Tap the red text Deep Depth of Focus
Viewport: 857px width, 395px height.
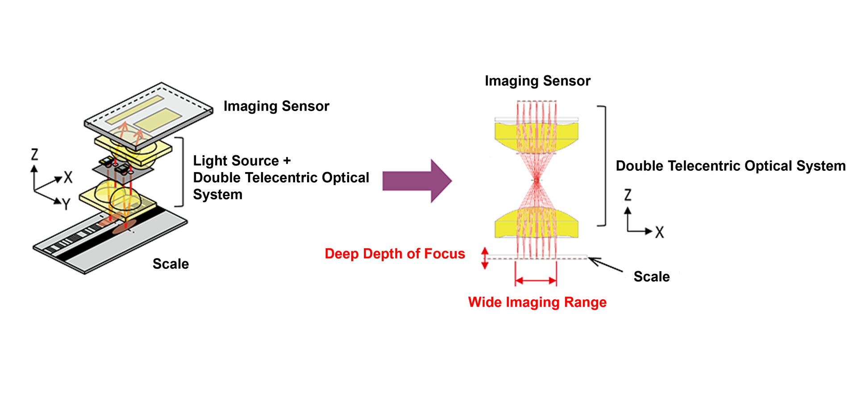pos(395,254)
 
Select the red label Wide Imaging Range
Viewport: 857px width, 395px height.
pos(537,302)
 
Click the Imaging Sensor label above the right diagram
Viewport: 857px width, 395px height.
pos(537,81)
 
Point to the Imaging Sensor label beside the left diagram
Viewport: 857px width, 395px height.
pos(276,106)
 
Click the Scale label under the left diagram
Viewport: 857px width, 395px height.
pos(171,264)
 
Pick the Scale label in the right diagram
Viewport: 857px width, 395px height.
pos(651,277)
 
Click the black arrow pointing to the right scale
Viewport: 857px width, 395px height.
pos(605,264)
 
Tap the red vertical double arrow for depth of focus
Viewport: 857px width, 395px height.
pos(485,258)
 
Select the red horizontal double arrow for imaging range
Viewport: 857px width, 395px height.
pos(536,280)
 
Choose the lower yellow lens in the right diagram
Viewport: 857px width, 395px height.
pos(537,223)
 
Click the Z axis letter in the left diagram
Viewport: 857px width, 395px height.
pos(34,155)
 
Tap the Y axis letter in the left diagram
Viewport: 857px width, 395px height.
pos(67,205)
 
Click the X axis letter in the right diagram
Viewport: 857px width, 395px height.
pos(659,232)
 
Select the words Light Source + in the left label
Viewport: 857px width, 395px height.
pos(241,160)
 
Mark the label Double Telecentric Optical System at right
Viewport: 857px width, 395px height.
pos(730,166)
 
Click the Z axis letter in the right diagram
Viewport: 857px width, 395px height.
pos(628,195)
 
